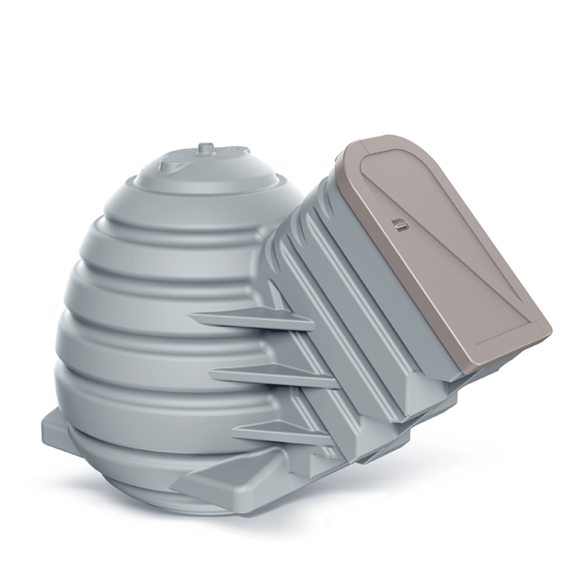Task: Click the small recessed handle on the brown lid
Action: point(398,224)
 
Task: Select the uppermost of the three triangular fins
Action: point(246,317)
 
